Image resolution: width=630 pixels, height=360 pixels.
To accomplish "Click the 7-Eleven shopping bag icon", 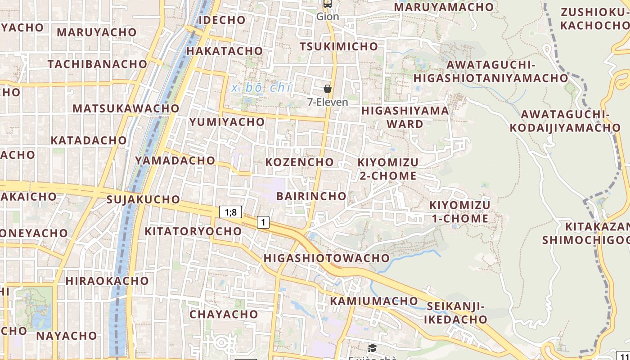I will (x=328, y=89).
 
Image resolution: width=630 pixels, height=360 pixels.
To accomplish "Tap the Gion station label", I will (x=327, y=17).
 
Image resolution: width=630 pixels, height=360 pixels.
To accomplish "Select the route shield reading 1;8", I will (x=231, y=212).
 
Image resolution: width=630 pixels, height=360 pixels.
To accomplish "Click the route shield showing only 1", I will (x=263, y=222).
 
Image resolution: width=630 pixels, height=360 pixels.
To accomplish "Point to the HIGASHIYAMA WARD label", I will (x=405, y=117).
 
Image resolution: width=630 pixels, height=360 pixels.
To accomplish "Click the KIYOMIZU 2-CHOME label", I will (x=388, y=169).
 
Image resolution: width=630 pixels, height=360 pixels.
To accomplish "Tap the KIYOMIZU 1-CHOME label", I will (x=460, y=212).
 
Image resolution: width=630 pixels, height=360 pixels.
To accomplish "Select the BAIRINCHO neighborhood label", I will (x=311, y=196).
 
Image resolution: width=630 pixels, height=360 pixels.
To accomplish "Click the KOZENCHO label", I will (x=300, y=162).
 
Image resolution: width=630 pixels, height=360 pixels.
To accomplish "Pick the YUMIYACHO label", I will (x=227, y=122).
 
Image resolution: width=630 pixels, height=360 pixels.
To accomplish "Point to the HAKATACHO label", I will (x=225, y=51).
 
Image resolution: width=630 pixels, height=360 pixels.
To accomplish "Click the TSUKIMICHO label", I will (x=339, y=46).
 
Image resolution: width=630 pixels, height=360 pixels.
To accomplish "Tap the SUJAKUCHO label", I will (x=143, y=199).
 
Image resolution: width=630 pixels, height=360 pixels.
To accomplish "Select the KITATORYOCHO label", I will (x=193, y=231).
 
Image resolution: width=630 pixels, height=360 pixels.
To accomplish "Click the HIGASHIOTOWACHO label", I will (x=327, y=258).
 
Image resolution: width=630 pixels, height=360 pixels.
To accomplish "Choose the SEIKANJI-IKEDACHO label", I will (x=456, y=313).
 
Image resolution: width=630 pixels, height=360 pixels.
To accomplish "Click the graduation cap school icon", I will (x=372, y=348).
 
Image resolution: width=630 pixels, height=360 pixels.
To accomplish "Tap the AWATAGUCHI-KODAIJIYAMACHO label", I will (x=565, y=121).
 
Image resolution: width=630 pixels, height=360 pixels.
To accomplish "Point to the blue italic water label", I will (x=261, y=88).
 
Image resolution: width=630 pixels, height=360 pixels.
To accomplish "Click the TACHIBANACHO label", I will (x=98, y=64).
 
